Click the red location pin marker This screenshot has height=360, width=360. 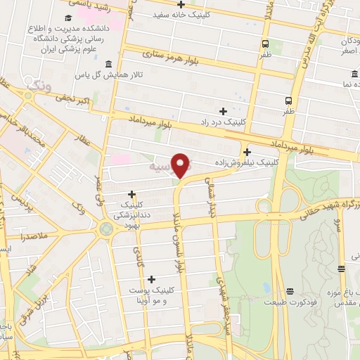coord(182,165)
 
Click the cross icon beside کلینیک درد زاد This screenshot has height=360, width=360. coord(224,111)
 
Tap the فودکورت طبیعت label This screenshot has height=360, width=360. coord(289,302)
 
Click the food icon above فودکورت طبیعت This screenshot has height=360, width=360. coord(289,291)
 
